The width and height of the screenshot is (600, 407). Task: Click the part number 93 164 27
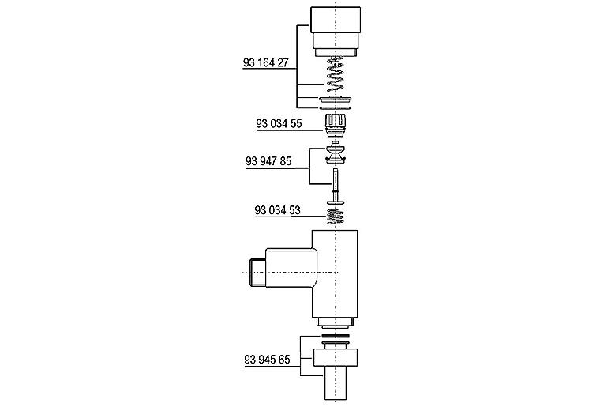(x=265, y=62)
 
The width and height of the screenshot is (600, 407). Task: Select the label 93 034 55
(x=279, y=123)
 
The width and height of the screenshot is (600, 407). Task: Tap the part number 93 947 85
(x=268, y=161)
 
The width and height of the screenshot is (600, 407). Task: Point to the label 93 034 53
(x=277, y=210)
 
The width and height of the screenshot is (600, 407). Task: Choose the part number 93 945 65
(x=267, y=360)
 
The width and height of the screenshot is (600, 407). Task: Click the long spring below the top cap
(x=336, y=74)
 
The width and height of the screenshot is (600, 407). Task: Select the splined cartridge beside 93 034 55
(x=336, y=125)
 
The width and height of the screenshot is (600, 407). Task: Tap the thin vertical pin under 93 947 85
(x=336, y=185)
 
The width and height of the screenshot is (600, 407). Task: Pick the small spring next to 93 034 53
(x=336, y=217)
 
